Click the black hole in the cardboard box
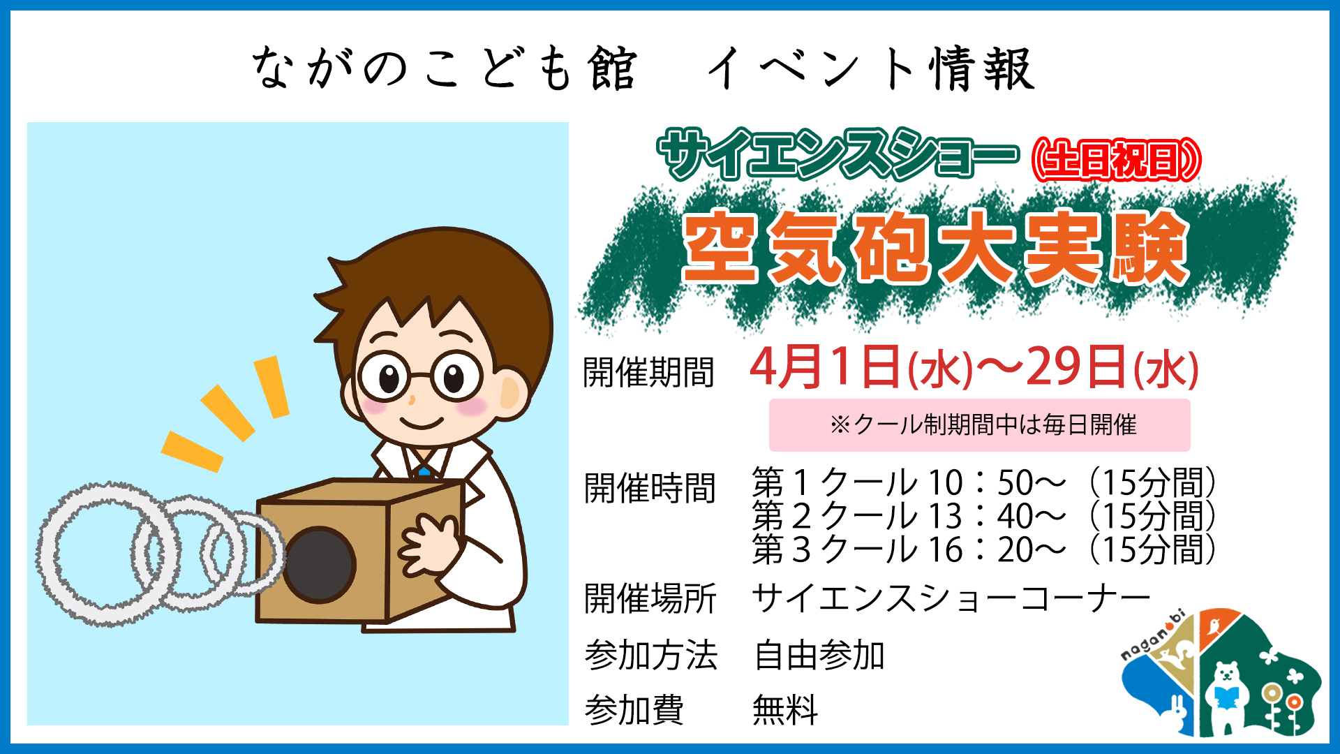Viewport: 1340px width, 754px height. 319,565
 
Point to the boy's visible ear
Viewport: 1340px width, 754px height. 513,394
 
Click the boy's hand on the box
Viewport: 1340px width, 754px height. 427,545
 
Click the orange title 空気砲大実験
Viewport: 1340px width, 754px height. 935,248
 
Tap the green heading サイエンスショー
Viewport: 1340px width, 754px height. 837,155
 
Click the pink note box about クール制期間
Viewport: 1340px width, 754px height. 980,425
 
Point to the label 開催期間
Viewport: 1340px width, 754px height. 649,372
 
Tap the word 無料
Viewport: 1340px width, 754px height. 785,711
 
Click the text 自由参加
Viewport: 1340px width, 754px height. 819,656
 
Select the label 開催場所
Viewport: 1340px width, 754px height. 650,599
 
